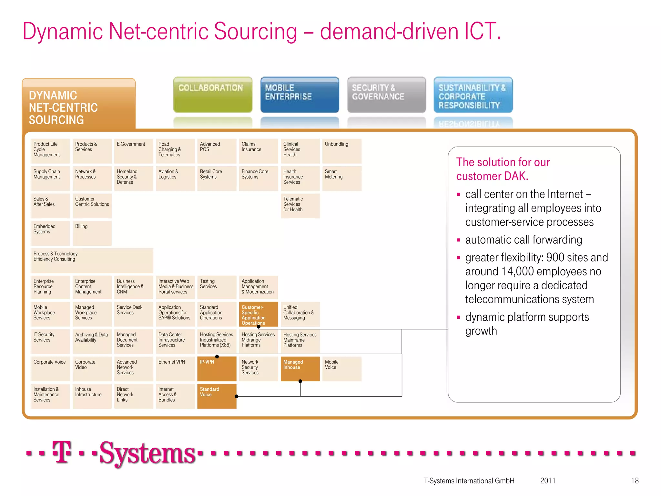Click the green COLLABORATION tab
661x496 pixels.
pos(213,95)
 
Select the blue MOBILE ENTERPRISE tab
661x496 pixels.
pos(300,95)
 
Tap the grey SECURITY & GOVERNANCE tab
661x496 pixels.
pos(386,95)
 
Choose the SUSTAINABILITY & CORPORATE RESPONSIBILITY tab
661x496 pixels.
pos(473,95)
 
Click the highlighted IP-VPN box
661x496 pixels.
pos(217,369)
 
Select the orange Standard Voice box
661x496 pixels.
pos(217,396)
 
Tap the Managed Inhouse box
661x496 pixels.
pos(300,368)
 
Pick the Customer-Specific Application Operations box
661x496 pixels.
pos(258,314)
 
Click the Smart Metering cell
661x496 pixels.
pos(341,178)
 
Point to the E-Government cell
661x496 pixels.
pos(134,150)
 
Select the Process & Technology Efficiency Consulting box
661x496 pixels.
pos(92,260)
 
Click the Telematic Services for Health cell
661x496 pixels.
pos(300,205)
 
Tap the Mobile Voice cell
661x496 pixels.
pos(341,368)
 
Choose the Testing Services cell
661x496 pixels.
pos(217,287)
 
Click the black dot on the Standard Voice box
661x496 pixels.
pos(236,396)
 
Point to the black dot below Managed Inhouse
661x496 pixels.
pos(300,381)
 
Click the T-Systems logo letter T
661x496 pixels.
pos(62,452)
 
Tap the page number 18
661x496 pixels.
pos(635,481)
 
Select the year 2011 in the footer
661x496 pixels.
pos(548,481)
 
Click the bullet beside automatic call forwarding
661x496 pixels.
pos(458,240)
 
